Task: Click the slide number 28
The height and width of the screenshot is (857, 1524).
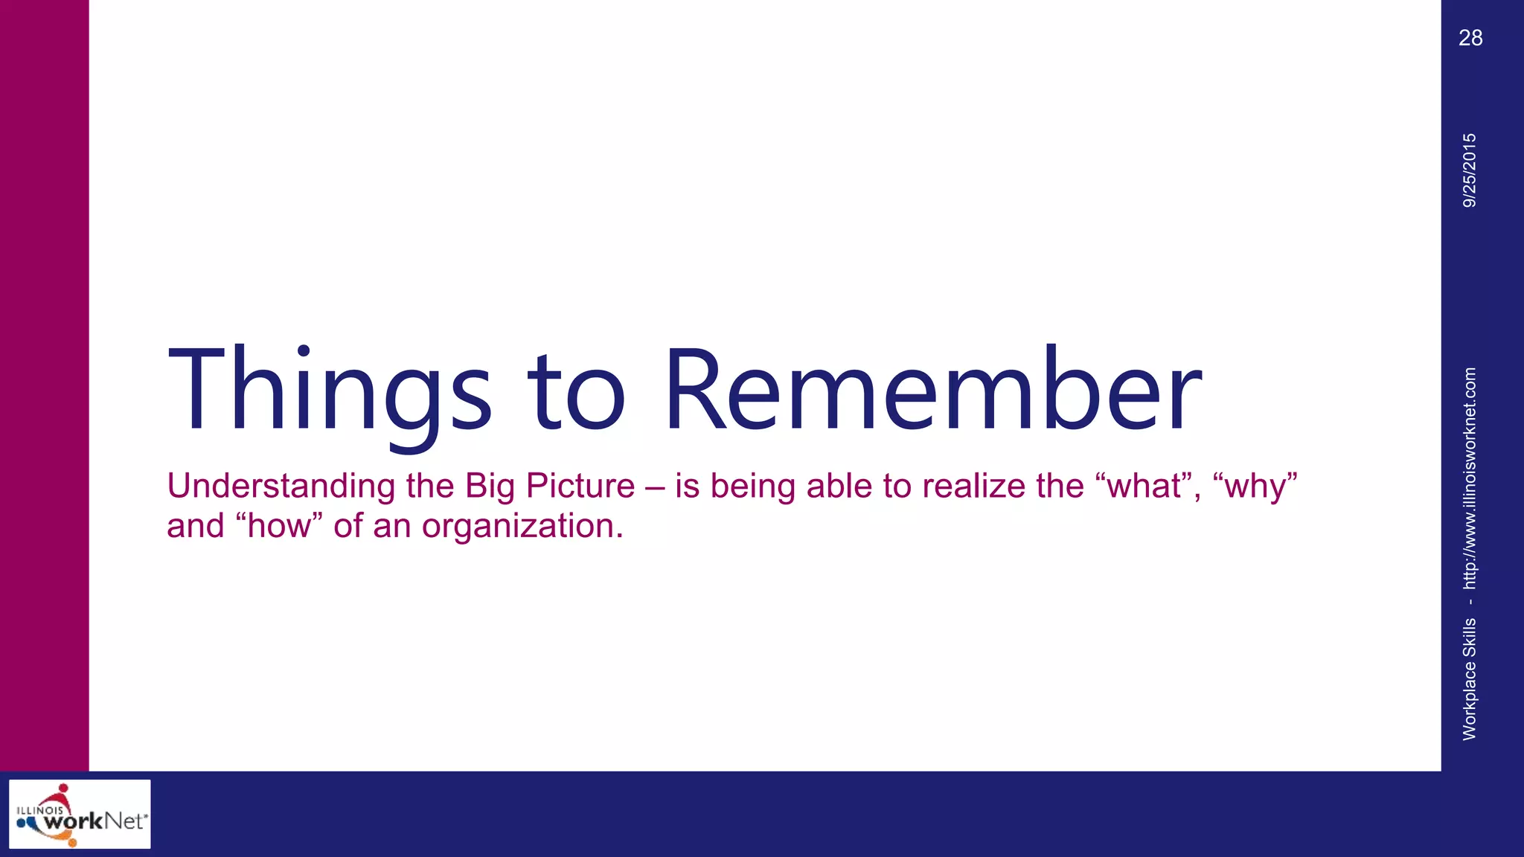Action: (x=1470, y=38)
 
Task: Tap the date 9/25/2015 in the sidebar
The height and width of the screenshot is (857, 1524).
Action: (x=1470, y=170)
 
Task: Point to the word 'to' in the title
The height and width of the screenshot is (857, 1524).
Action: (x=577, y=394)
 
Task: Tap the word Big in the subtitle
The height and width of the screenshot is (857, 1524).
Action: (x=490, y=487)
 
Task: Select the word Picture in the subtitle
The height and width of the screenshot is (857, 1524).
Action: (x=580, y=486)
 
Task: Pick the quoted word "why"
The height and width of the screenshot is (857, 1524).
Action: (x=1255, y=487)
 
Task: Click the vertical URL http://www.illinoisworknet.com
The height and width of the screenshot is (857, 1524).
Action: (x=1470, y=478)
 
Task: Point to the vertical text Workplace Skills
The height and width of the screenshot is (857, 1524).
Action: (x=1470, y=678)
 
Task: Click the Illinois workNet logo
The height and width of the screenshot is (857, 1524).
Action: (x=80, y=814)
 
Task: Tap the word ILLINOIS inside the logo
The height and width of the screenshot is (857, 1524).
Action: (x=39, y=810)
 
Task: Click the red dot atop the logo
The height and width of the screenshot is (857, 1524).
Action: (x=64, y=788)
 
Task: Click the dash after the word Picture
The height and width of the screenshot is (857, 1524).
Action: (x=655, y=487)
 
